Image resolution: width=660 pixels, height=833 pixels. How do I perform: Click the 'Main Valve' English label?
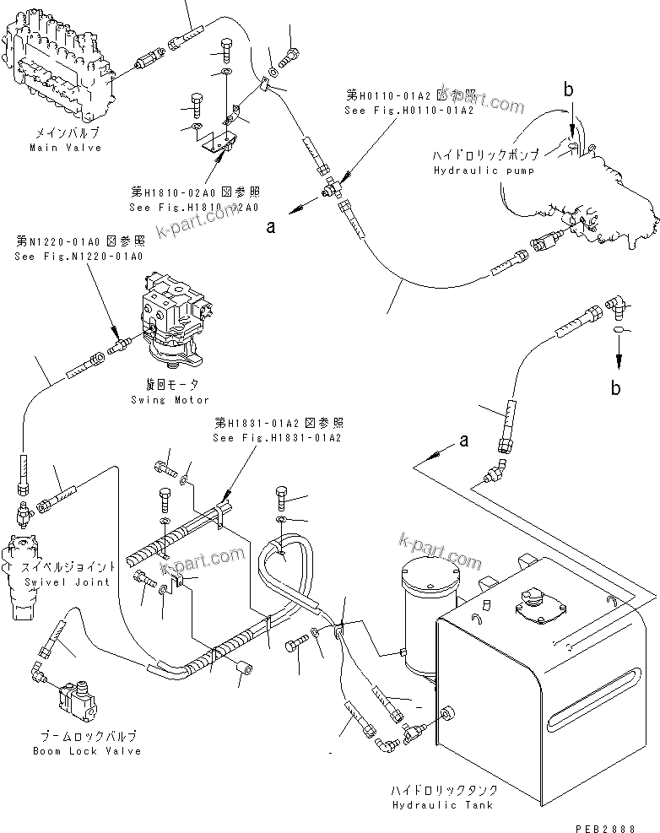tap(65, 148)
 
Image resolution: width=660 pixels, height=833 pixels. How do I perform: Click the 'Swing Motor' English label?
tap(170, 400)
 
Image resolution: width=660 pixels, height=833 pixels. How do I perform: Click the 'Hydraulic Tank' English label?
tap(441, 804)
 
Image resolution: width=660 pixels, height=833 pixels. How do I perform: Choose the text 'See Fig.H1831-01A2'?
tap(278, 438)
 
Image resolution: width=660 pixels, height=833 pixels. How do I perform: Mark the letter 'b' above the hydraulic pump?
tap(569, 89)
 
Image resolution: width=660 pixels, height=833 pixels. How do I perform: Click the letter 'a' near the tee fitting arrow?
tap(247, 226)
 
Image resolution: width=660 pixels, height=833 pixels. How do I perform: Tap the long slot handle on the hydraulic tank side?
tap(601, 694)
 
